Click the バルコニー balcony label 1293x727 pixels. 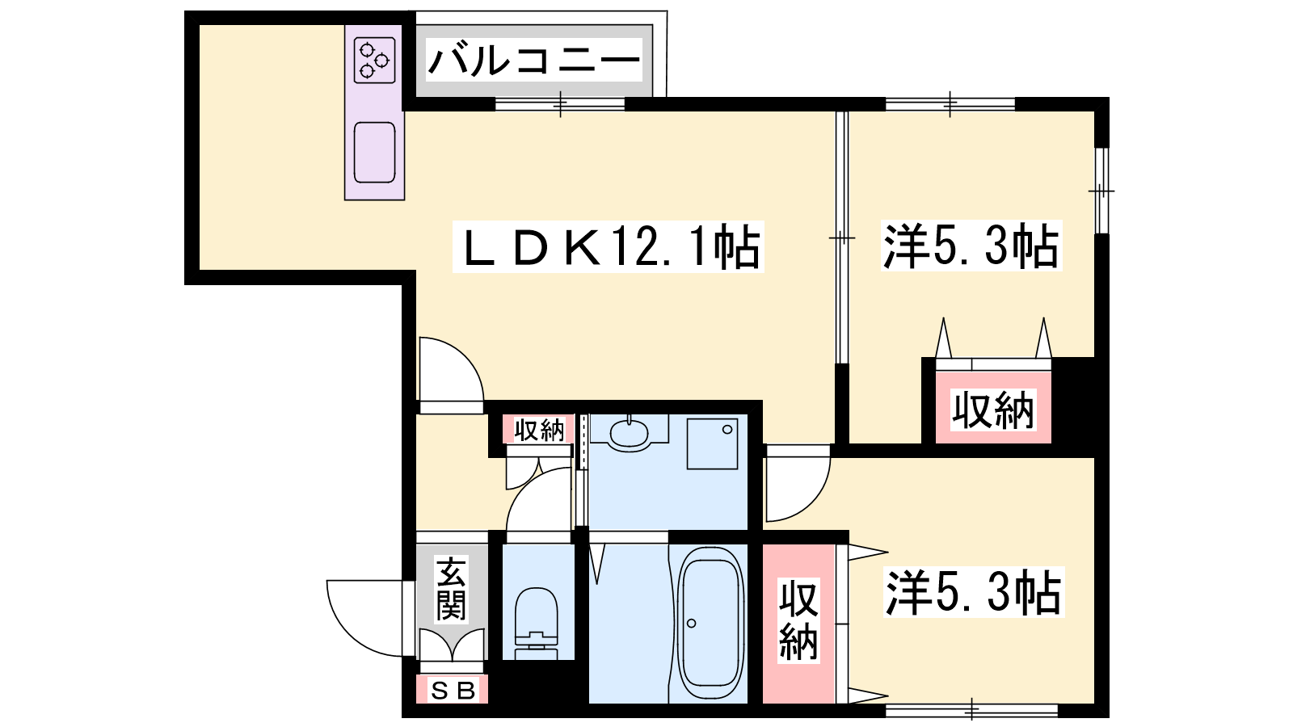pos(534,60)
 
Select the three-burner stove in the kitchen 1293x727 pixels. pos(374,60)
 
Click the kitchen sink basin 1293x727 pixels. pos(375,153)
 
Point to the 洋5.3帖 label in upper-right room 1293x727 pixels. pos(971,246)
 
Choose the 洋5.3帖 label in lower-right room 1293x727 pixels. pos(973,593)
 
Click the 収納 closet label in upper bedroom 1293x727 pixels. pos(993,410)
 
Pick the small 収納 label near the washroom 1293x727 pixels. pos(538,429)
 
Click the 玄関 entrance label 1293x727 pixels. pos(451,589)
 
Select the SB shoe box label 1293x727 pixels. pos(453,690)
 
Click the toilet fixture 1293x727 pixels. pos(537,623)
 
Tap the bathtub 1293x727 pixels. pos(710,623)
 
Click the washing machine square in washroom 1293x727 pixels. pos(712,443)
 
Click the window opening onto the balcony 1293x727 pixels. pos(560,104)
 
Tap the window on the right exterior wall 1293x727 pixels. pos(1102,191)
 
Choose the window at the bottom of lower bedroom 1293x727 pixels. pos(971,710)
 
